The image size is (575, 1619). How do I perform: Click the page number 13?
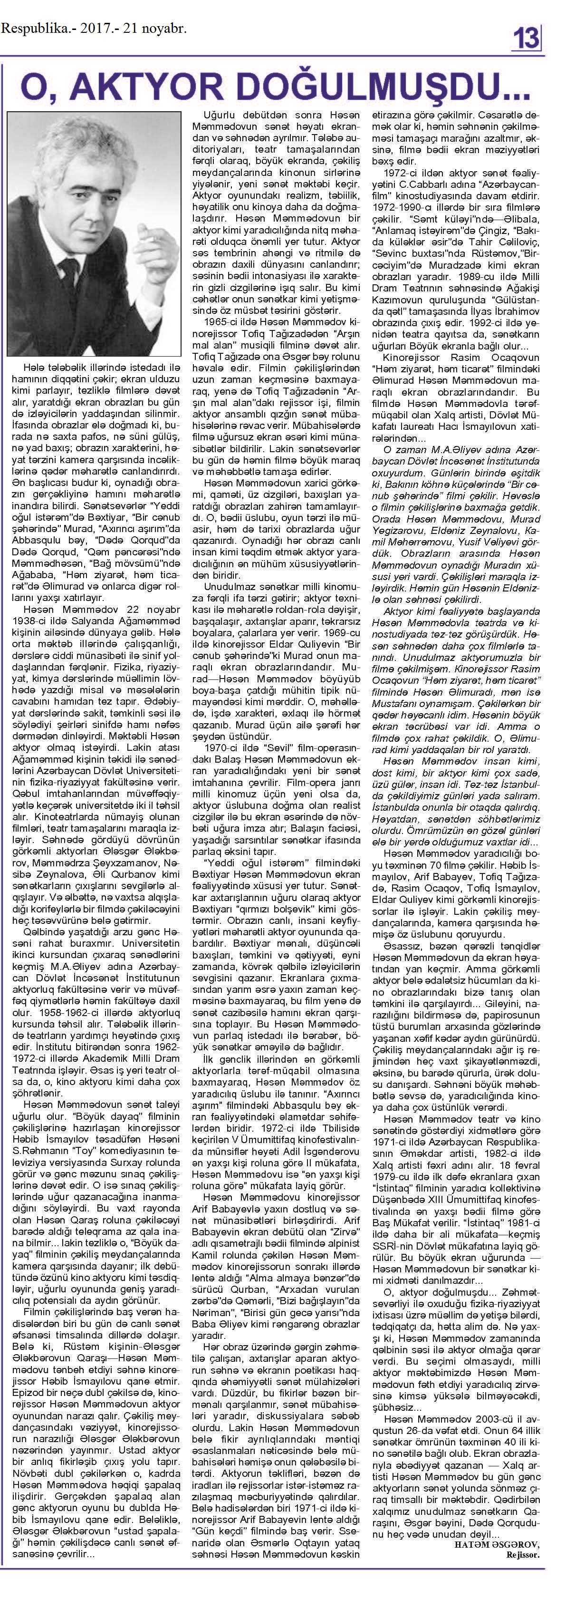point(527,39)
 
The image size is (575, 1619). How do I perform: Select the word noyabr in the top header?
point(164,28)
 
